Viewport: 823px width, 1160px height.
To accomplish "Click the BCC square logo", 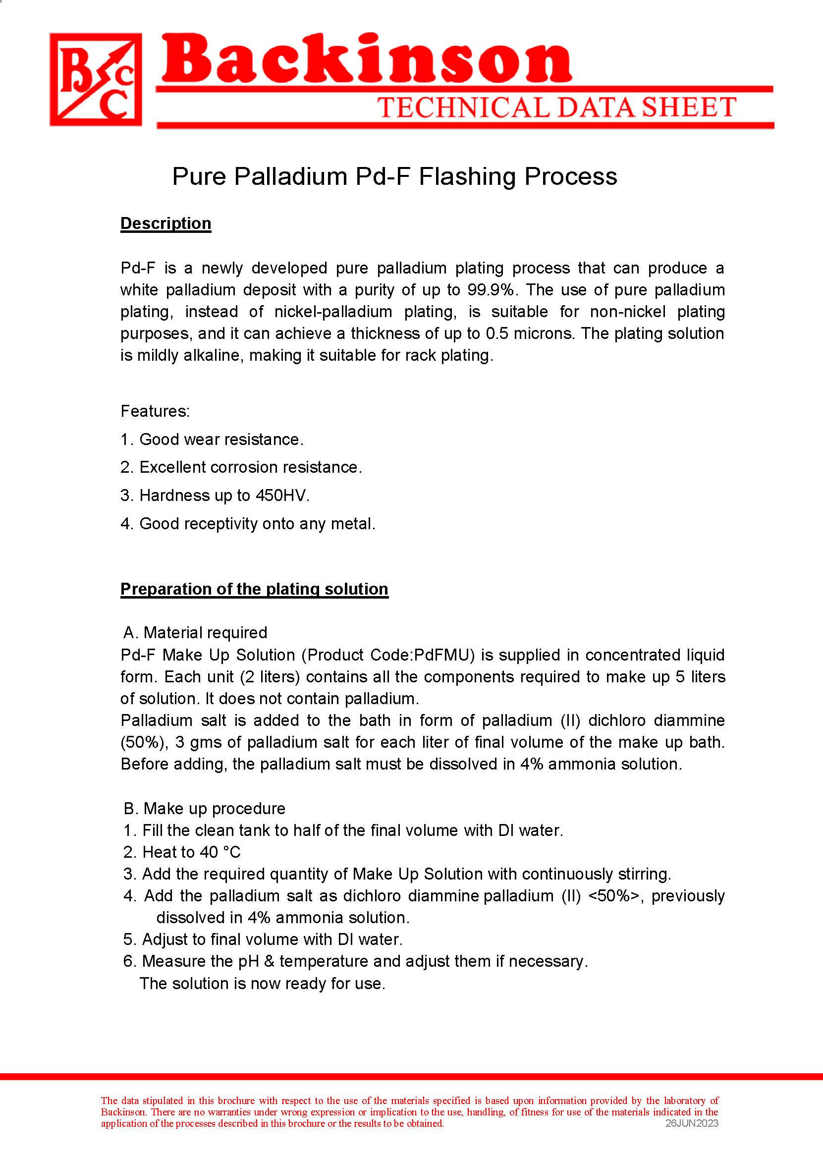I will point(96,79).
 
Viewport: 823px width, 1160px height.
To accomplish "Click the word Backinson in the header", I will point(366,61).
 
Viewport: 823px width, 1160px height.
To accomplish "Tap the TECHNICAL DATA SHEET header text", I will point(556,108).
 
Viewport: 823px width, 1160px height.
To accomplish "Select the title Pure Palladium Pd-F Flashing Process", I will point(394,176).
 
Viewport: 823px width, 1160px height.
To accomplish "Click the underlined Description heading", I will point(165,223).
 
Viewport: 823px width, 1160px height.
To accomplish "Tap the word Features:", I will point(155,411).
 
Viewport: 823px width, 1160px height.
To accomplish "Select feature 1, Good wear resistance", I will point(212,440).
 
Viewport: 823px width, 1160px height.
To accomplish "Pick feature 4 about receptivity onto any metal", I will point(248,523).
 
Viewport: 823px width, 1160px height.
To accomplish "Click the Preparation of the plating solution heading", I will point(254,589).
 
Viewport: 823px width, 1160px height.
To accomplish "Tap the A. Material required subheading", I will point(195,632).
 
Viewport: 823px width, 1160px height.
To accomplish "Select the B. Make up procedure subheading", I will point(204,808).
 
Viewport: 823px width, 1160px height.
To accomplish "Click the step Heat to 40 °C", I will point(182,852).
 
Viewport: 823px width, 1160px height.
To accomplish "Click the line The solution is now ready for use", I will point(263,983).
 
